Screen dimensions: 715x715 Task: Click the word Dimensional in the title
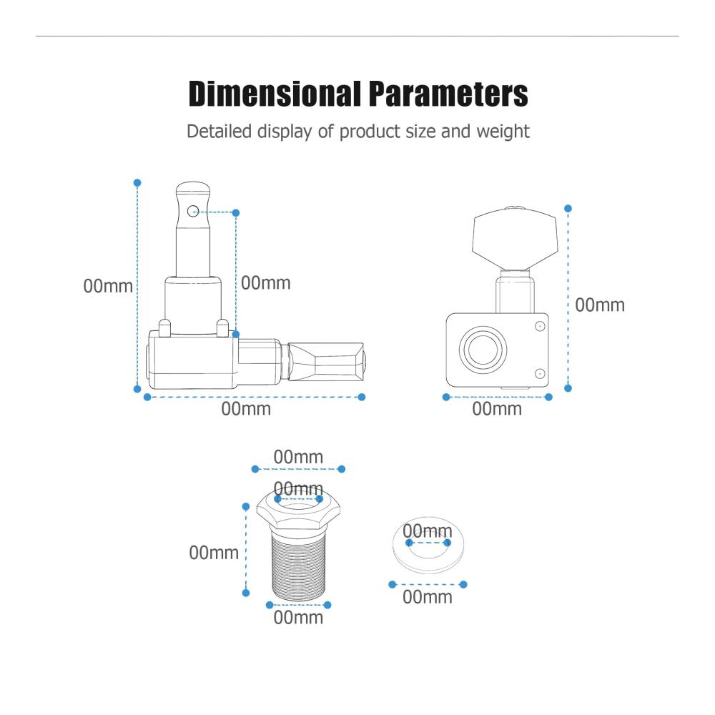[x=275, y=94]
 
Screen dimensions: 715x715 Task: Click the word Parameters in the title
[x=448, y=94]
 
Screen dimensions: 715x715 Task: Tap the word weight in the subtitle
[x=503, y=132]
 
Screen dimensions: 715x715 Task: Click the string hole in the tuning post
[x=193, y=211]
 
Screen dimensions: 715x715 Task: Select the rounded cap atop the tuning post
[x=193, y=191]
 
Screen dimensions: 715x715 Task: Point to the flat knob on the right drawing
[x=515, y=238]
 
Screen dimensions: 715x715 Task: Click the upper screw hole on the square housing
[x=540, y=326]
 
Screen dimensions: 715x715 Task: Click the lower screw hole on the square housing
[x=540, y=374]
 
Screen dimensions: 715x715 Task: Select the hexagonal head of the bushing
[x=299, y=511]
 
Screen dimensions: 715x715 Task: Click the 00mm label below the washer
[x=428, y=597]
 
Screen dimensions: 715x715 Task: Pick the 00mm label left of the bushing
[x=214, y=553]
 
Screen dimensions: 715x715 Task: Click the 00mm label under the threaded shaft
[x=298, y=618]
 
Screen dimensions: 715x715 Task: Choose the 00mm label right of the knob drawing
[x=600, y=305]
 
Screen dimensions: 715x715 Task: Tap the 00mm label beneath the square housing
[x=497, y=409]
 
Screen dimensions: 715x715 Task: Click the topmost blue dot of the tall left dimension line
[x=137, y=183]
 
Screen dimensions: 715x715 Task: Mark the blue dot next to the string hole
[x=236, y=213]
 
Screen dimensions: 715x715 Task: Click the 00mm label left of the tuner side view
[x=108, y=287]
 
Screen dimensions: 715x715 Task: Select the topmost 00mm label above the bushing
[x=298, y=457]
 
